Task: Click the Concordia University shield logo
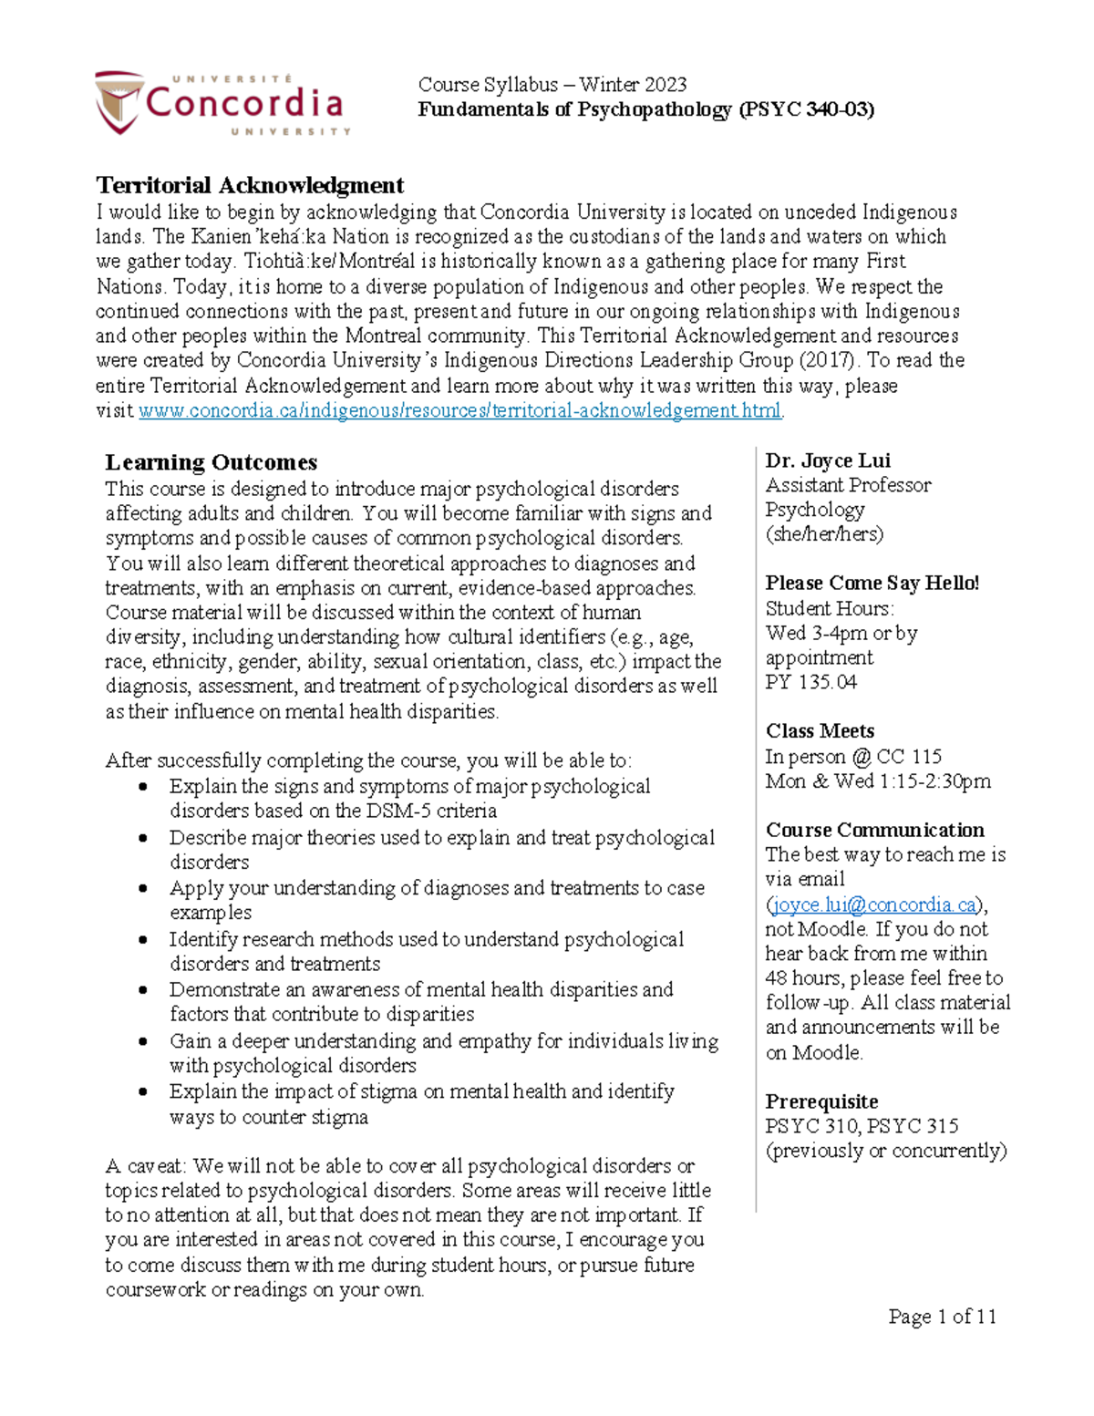[x=119, y=102]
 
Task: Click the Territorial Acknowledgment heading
[x=250, y=186]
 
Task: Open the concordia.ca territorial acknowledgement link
[x=459, y=411]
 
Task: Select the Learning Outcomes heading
[x=212, y=462]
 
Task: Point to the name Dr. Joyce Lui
[x=828, y=460]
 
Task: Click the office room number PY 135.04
[x=810, y=682]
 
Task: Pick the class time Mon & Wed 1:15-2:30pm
[x=878, y=781]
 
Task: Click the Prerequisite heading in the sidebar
[x=821, y=1101]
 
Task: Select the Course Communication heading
[x=874, y=830]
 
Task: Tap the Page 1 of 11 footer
[x=942, y=1317]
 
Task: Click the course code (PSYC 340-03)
[x=806, y=110]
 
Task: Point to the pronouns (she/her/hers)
[x=824, y=534]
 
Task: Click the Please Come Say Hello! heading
[x=872, y=584]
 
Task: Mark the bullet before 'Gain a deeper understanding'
[x=143, y=1041]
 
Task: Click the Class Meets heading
[x=820, y=731]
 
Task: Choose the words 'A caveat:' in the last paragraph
[x=146, y=1166]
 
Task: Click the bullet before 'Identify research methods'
[x=143, y=939]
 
